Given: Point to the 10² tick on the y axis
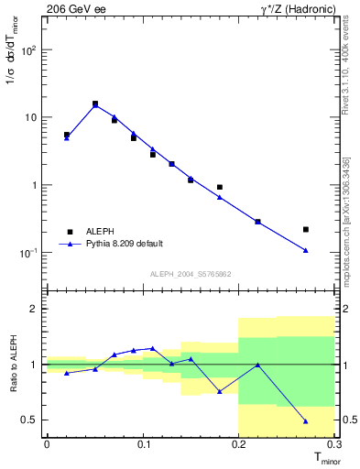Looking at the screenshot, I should click(x=28, y=50).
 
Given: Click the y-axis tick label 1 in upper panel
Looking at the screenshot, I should click(x=34, y=185).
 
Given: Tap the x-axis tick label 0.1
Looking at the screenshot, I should click(x=143, y=445).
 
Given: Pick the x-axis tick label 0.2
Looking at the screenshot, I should click(x=238, y=445).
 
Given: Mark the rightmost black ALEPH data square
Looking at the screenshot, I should click(x=306, y=229).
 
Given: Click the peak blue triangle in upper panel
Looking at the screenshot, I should click(x=95, y=105).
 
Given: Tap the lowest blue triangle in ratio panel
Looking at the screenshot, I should click(x=306, y=421).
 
